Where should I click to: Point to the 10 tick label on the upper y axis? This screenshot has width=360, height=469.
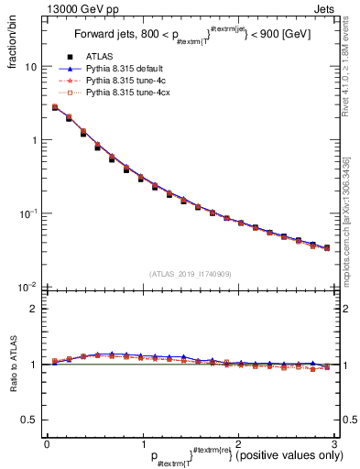click(x=31, y=67)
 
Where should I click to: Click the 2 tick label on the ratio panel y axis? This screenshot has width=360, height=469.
click(x=35, y=309)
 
